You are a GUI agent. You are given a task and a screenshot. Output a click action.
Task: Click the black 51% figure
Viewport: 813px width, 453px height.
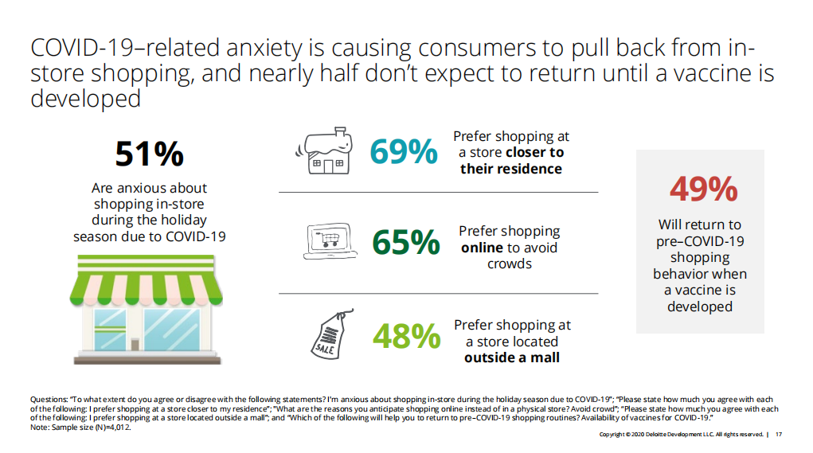[149, 154]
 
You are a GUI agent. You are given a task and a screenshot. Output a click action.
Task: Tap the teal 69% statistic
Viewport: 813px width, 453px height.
[404, 151]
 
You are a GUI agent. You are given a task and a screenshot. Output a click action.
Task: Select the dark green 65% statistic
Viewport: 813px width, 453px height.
[405, 244]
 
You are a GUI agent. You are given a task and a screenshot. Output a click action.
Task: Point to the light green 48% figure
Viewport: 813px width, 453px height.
[406, 336]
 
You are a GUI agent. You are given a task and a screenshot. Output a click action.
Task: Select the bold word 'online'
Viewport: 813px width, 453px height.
[482, 248]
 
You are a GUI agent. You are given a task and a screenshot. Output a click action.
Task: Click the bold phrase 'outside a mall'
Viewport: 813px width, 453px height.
[512, 357]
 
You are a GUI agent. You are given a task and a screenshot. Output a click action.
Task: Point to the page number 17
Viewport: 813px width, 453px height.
[778, 435]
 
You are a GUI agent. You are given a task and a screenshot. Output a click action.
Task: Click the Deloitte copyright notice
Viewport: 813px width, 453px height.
[681, 435]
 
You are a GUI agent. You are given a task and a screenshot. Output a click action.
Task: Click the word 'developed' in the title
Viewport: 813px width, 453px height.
[85, 100]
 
